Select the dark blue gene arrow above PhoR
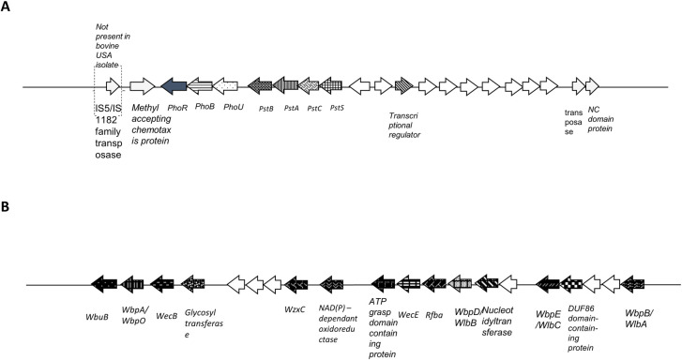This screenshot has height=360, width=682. click(174, 86)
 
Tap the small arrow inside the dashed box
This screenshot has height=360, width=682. click(113, 86)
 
